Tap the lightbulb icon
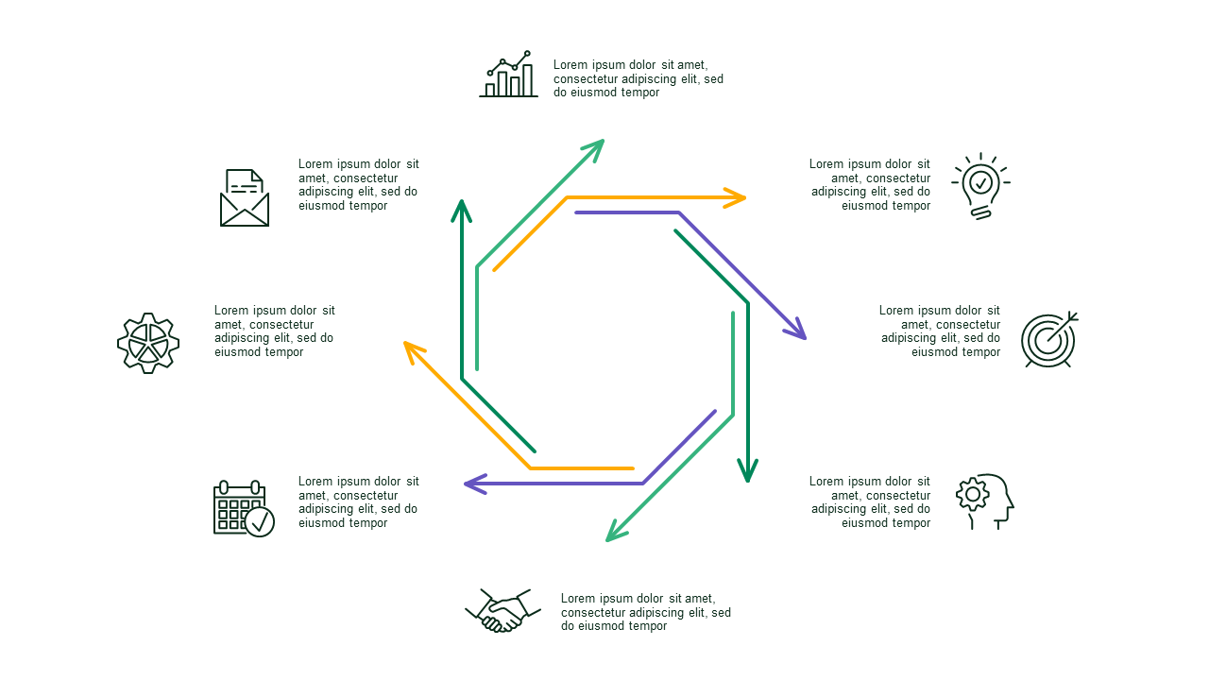click(x=980, y=186)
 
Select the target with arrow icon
click(x=1049, y=340)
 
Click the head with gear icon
click(x=985, y=501)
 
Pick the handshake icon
click(x=502, y=610)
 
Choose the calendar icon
click(x=244, y=508)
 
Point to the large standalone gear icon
click(x=148, y=343)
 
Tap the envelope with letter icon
click(x=245, y=198)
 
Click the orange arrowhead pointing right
click(x=735, y=198)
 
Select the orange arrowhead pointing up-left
click(x=413, y=350)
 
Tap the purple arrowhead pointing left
click(x=475, y=484)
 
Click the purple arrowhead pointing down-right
click(x=796, y=330)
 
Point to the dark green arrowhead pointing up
click(x=462, y=211)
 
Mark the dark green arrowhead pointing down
click(x=747, y=470)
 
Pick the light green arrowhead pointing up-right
click(x=594, y=149)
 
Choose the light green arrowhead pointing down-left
click(x=615, y=531)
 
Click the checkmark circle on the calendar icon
click(x=260, y=522)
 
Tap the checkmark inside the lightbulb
click(x=980, y=182)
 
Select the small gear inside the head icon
click(x=973, y=494)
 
